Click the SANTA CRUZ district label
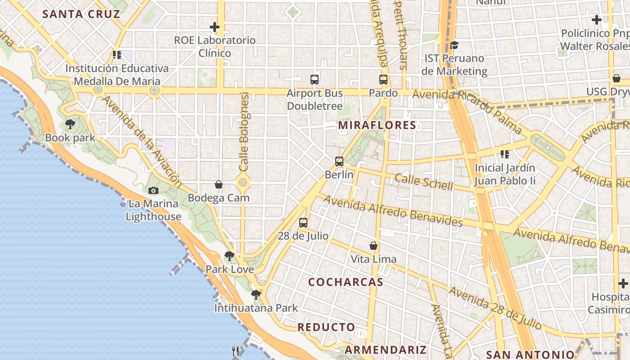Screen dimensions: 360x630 (81, 14)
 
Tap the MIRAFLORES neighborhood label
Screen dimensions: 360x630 (377, 125)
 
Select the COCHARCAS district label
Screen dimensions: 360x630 (346, 282)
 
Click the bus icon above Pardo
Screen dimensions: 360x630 (383, 80)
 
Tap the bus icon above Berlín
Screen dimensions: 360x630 (339, 161)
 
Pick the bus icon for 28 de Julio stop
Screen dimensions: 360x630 (303, 222)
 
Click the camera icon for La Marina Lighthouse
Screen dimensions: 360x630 (153, 190)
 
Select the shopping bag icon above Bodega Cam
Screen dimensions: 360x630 (219, 184)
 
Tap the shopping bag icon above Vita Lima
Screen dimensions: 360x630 (373, 246)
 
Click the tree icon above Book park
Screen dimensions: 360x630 (70, 124)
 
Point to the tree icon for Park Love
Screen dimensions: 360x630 (229, 256)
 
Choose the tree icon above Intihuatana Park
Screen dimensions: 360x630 (256, 295)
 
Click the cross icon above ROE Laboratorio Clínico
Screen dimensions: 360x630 (215, 27)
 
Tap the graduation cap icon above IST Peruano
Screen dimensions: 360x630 (454, 45)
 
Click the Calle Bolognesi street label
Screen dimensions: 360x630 (244, 131)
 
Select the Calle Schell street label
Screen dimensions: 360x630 (423, 181)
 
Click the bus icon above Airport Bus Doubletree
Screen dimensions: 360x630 (315, 80)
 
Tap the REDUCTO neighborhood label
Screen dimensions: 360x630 (326, 327)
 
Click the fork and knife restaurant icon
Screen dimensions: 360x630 (236, 351)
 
